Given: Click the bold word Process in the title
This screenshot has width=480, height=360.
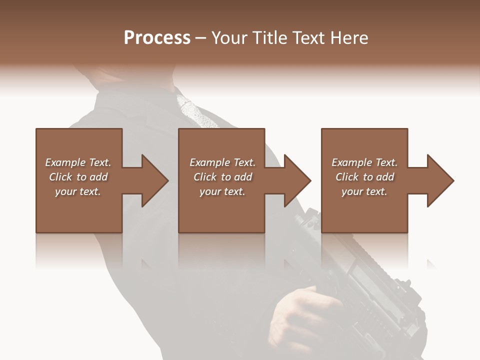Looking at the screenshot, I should point(157,38).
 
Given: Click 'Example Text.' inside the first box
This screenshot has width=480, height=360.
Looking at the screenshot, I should point(78,162).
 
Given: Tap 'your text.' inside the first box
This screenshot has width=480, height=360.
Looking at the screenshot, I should point(78,191).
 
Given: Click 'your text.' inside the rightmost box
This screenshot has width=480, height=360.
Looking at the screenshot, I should point(364,191).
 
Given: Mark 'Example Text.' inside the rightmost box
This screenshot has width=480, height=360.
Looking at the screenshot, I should point(364,162).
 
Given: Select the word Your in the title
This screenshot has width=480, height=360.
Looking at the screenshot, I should point(228,38).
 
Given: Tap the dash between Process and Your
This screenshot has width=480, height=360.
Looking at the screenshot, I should point(201,38).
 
